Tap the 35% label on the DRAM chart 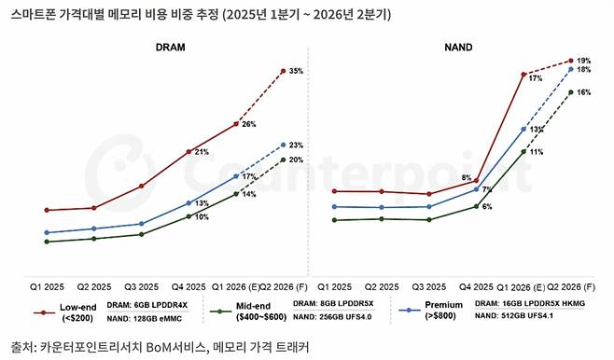point(296,71)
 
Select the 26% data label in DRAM point(249,124)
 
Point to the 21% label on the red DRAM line point(202,152)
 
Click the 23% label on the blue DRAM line point(296,145)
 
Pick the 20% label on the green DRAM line point(296,159)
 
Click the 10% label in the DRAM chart point(202,217)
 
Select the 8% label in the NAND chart point(466,177)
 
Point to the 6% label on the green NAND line point(487,206)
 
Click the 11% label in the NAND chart point(536,151)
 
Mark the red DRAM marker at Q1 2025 point(46,210)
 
